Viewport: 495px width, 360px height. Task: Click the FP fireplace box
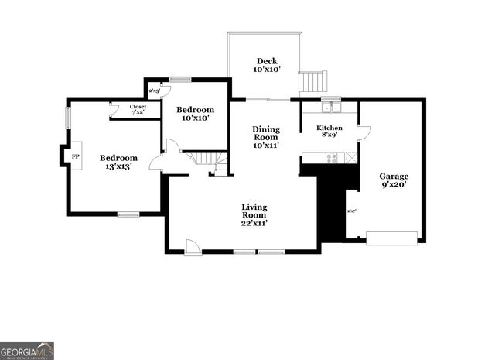click(75, 156)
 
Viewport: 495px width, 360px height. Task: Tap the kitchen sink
click(332, 107)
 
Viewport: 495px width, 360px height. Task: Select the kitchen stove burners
click(332, 157)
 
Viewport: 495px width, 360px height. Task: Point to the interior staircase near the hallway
click(208, 159)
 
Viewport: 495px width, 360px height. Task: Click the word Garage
click(394, 177)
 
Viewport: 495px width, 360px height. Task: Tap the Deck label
click(267, 61)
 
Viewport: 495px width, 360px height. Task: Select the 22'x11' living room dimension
click(254, 223)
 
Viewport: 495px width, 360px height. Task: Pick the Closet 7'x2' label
click(138, 109)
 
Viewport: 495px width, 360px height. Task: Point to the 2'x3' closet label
click(155, 91)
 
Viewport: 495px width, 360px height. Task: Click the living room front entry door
click(193, 247)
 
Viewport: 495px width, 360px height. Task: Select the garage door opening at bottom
click(391, 238)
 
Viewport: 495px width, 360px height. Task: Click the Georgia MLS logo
click(27, 351)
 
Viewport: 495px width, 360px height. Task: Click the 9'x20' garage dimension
click(394, 185)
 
